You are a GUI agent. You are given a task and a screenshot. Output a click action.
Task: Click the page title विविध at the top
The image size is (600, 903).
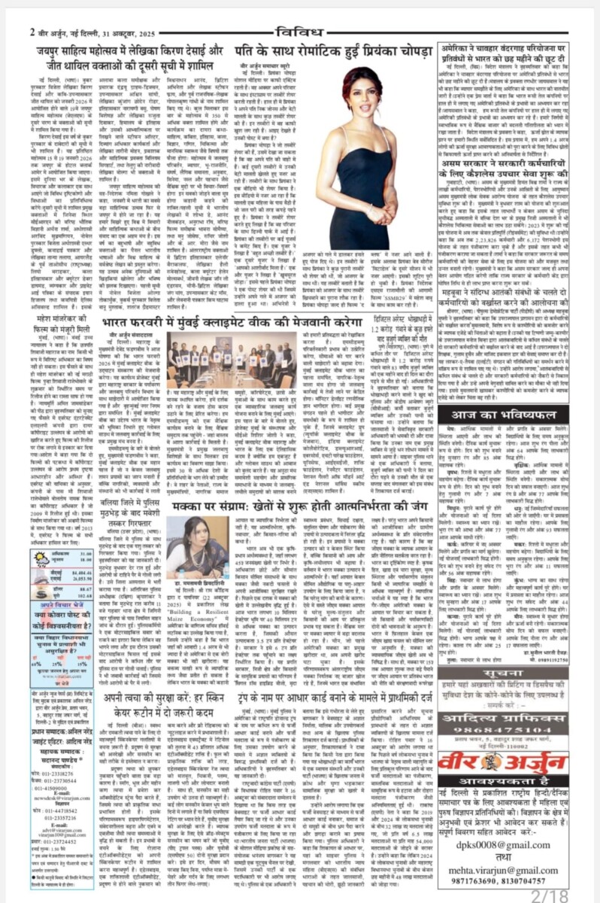tap(300, 31)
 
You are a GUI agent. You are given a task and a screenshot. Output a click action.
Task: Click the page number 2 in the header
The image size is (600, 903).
tap(33, 32)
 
